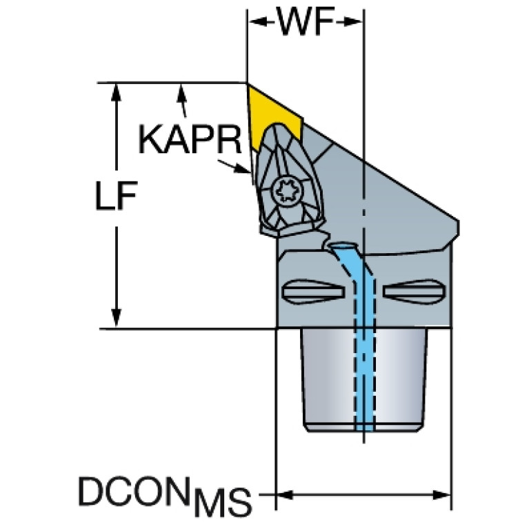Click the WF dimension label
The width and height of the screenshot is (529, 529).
[x=306, y=21]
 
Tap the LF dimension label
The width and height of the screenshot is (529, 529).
[x=116, y=196]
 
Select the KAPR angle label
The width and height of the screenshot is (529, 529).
[x=190, y=139]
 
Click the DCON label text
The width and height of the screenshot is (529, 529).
[x=132, y=491]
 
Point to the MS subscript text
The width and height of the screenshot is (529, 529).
[x=223, y=502]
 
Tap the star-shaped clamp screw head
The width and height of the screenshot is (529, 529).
[x=284, y=192]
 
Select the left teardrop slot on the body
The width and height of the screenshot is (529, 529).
[x=312, y=291]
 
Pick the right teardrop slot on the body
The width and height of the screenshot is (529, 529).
[x=414, y=291]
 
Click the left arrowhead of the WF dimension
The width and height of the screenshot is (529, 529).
[x=257, y=22]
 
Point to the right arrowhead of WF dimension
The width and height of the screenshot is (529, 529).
[x=353, y=22]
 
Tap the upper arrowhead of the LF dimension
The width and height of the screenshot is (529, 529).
[x=116, y=92]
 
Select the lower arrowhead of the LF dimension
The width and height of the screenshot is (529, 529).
[x=116, y=318]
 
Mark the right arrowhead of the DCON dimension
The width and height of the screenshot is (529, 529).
[x=441, y=495]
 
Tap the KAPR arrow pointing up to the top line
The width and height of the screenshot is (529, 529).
[x=183, y=100]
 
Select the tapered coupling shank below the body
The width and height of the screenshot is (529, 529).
[x=363, y=380]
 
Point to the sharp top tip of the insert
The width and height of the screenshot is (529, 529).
[x=248, y=83]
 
